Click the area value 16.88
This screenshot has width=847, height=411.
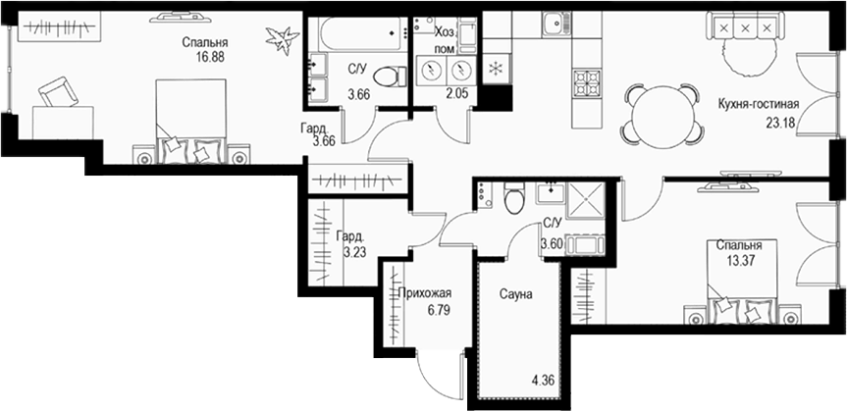tap(205, 58)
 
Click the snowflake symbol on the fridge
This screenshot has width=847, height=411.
tap(496, 68)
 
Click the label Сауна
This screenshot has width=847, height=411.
tap(514, 293)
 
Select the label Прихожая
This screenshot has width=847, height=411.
tap(425, 293)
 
